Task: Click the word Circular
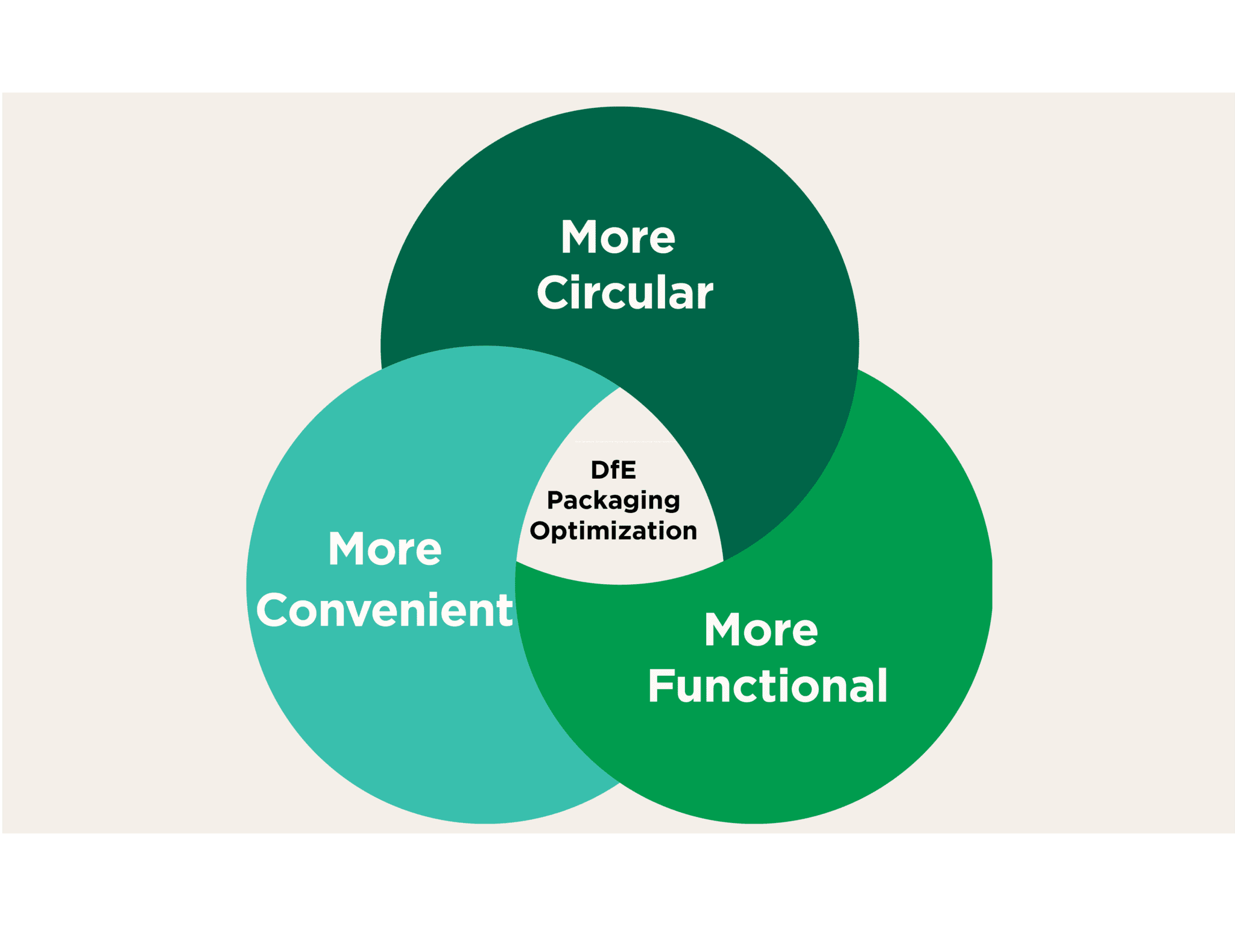point(625,292)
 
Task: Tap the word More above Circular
point(618,237)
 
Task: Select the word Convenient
point(385,610)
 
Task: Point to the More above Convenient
point(385,549)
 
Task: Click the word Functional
point(767,686)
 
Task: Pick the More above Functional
point(761,630)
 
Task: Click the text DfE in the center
point(613,470)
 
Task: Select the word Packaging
point(613,501)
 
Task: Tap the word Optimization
point(613,531)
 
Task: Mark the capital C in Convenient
point(275,610)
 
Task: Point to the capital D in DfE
point(601,470)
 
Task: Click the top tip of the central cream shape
point(619,389)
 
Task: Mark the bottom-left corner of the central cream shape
point(517,561)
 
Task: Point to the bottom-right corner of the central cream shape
point(722,561)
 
